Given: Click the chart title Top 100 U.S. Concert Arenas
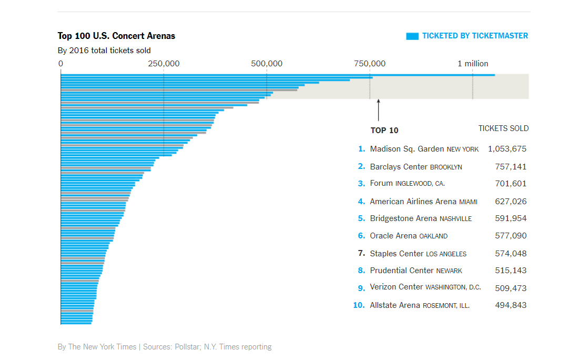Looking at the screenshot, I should point(116,36).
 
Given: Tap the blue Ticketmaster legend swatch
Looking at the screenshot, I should point(412,36).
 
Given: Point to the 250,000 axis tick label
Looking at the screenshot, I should point(164,64).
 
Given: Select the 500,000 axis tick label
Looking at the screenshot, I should point(267,64).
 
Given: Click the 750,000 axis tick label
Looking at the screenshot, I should point(370,64).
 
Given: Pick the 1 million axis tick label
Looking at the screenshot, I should point(473,64).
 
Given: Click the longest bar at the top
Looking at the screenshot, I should point(278,75).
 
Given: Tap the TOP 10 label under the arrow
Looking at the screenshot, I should point(384,131).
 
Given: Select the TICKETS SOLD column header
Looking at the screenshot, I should point(503,128).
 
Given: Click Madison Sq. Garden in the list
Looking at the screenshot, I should point(407,149).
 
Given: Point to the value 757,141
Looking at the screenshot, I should point(511,167).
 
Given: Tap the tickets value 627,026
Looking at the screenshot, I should point(511,202).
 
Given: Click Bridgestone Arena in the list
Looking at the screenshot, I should point(403,218).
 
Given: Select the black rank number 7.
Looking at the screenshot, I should point(361,253).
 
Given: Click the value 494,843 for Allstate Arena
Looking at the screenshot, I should point(511,305).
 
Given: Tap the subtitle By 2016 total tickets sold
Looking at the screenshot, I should point(104,51).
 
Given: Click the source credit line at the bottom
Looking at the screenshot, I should point(165,347).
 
